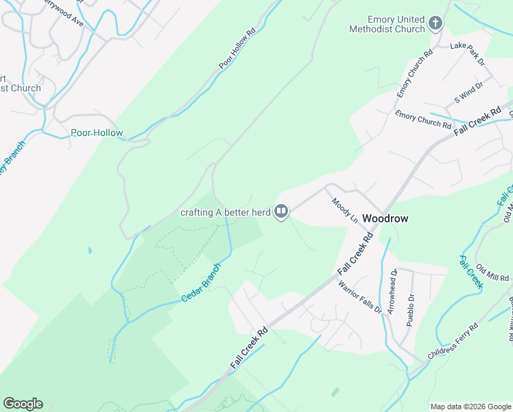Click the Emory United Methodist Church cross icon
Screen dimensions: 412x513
(x=435, y=24)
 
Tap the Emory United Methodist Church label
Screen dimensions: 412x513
(x=387, y=24)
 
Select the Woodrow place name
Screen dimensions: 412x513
(x=385, y=218)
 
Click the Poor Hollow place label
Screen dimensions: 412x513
(x=97, y=133)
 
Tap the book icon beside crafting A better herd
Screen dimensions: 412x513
(x=281, y=212)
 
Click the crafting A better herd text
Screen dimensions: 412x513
(x=226, y=212)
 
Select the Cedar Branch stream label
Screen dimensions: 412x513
(x=201, y=283)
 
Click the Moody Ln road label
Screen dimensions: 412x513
(x=345, y=210)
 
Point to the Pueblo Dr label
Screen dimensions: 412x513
(x=411, y=310)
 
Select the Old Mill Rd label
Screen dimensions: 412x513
(x=493, y=277)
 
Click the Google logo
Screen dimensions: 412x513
(x=23, y=404)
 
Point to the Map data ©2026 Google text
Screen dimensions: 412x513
(x=470, y=407)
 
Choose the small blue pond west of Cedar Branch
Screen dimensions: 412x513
(x=90, y=251)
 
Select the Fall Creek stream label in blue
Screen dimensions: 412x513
(x=471, y=271)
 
